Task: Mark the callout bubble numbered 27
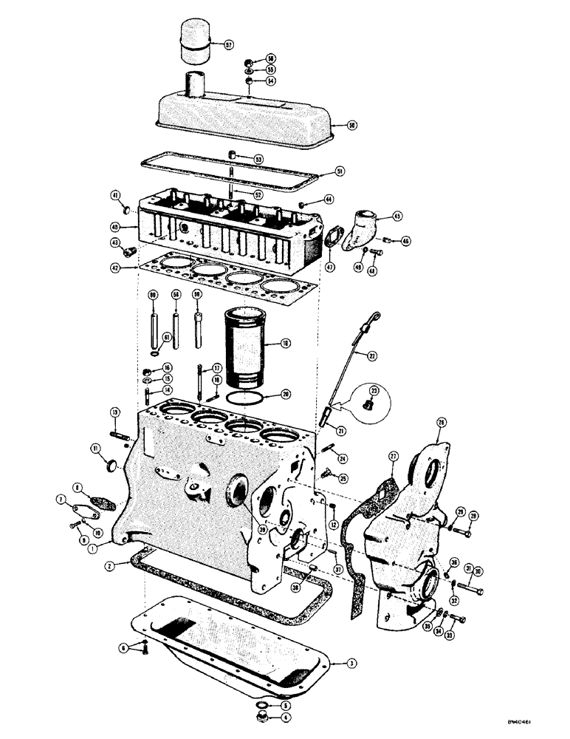393,457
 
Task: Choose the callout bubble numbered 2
109,566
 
